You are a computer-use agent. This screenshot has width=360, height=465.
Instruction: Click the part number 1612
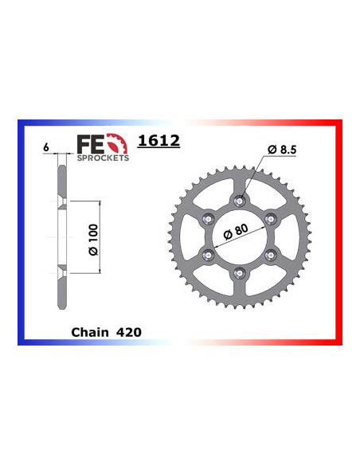pyautogui.click(x=158, y=142)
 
